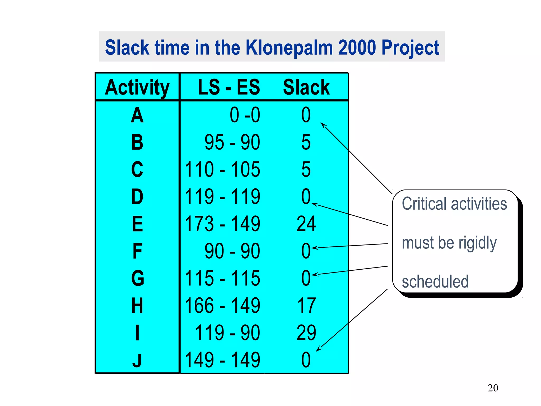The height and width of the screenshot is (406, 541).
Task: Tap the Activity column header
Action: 137,87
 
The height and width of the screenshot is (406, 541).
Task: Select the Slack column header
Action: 306,87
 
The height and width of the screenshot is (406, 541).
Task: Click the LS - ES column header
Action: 229,87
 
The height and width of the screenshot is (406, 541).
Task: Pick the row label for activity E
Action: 137,224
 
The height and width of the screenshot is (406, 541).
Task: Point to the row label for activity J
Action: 137,360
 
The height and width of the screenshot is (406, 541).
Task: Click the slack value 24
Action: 306,224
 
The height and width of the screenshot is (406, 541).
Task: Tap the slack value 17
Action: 306,306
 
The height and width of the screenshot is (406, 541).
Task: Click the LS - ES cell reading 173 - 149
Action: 222,224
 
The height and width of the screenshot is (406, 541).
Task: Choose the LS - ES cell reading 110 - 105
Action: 222,169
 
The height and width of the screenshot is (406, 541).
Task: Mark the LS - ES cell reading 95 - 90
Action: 232,142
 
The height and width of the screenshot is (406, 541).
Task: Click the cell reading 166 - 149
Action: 222,306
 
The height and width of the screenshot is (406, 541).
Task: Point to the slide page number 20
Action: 493,388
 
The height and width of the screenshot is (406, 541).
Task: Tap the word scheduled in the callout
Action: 435,282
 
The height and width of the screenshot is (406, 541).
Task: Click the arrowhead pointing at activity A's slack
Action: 323,125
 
